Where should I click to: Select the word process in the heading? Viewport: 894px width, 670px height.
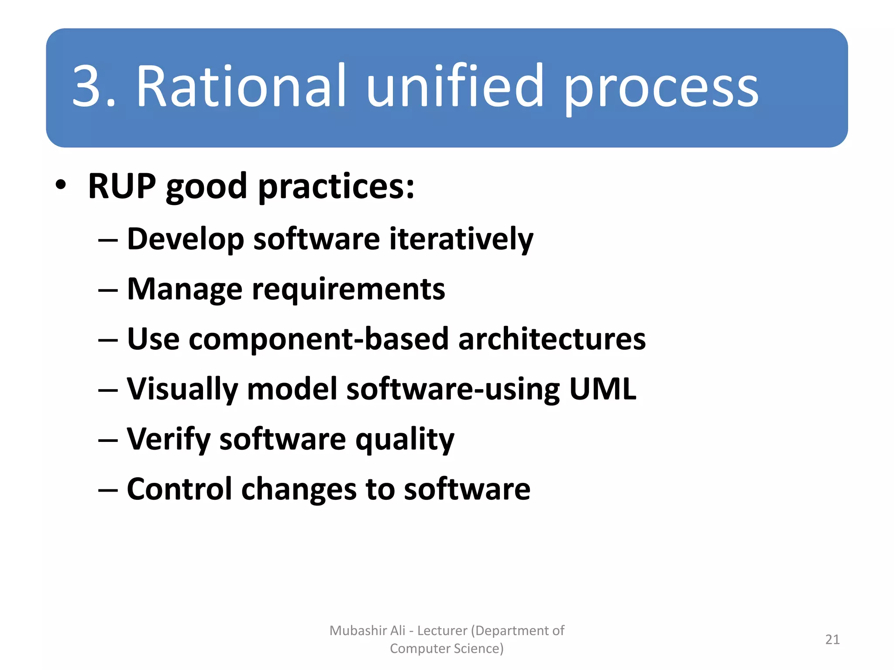click(661, 89)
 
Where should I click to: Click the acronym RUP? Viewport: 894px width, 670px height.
click(122, 186)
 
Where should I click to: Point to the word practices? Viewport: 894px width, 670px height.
click(336, 188)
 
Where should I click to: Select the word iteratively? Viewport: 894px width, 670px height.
click(461, 239)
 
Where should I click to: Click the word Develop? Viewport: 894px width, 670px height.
click(185, 239)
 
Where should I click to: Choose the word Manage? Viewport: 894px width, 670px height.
click(184, 290)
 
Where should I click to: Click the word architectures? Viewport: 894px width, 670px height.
click(552, 339)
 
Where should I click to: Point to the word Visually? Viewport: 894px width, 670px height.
click(182, 390)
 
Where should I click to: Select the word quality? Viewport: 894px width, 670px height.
click(405, 440)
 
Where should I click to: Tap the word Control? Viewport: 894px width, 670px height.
click(179, 489)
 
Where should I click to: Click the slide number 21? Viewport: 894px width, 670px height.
click(832, 639)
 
